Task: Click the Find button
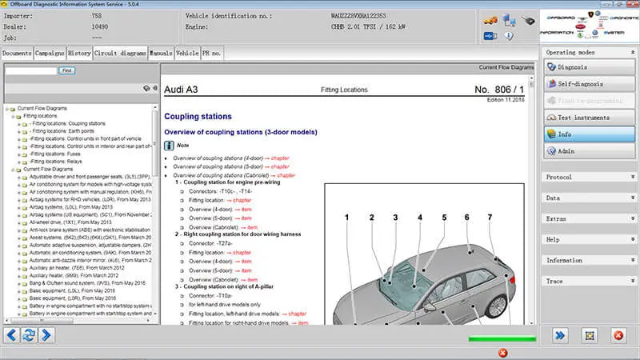(67, 70)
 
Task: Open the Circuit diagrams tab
(120, 53)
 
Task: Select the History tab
(79, 53)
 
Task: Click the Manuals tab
(161, 53)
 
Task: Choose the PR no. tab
(212, 53)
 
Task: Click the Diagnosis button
(589, 67)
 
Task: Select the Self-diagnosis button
(589, 83)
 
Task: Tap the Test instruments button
(589, 117)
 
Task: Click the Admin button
(589, 150)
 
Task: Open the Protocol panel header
(589, 177)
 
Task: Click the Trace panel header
(589, 281)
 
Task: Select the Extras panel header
(589, 218)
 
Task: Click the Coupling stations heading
(198, 116)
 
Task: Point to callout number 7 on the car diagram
(490, 217)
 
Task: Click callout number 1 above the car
(347, 217)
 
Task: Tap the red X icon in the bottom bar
(502, 353)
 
